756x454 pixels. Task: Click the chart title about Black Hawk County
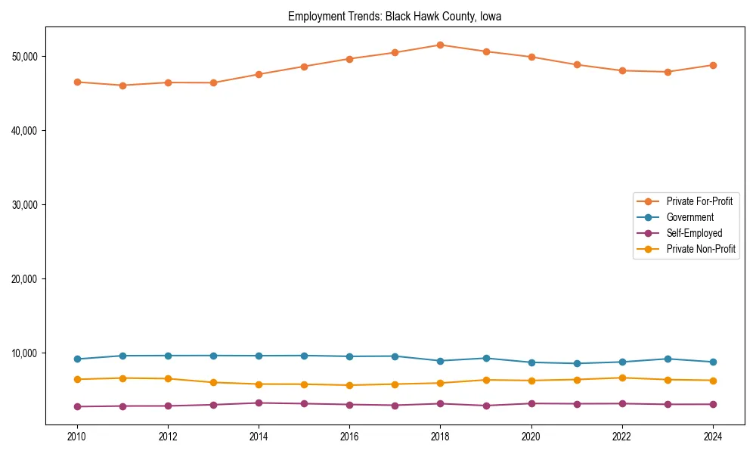(394, 16)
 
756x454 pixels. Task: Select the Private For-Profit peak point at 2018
(440, 45)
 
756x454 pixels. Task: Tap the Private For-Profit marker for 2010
(77, 82)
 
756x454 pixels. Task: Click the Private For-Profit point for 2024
(713, 65)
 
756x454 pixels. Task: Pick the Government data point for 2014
(259, 356)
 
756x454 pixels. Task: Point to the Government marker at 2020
(531, 362)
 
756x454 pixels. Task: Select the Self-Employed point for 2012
(168, 406)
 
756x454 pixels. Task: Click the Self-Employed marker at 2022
(622, 403)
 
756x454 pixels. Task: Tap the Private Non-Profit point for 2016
(349, 385)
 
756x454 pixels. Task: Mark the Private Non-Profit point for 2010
(77, 379)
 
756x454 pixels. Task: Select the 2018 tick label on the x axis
(440, 436)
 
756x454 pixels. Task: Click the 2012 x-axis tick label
(168, 436)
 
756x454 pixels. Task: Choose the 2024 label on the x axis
(713, 436)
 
